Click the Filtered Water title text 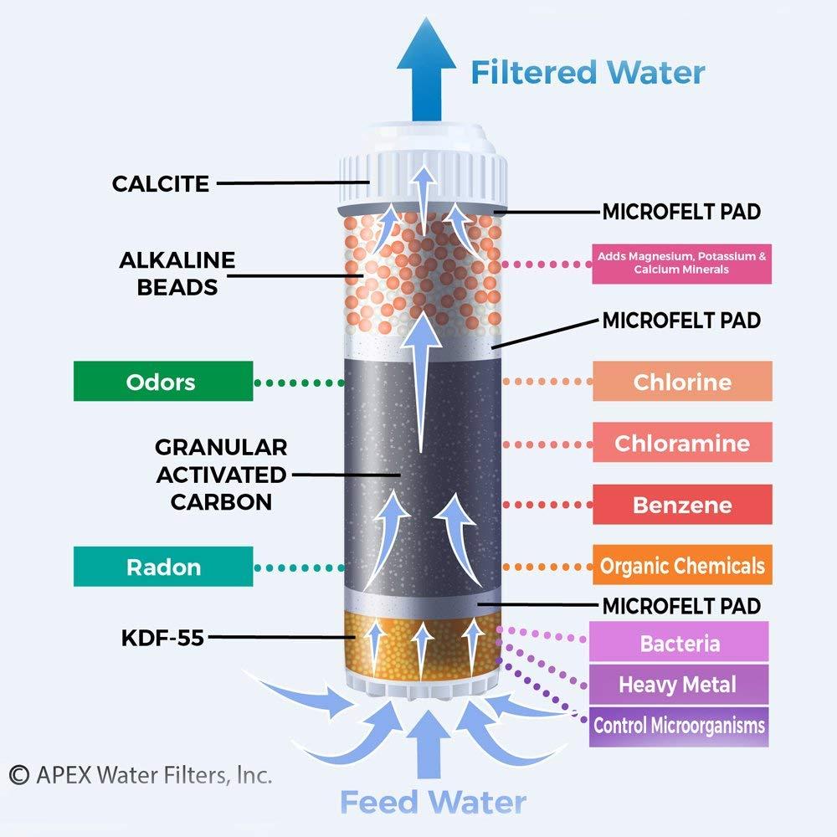coord(588,72)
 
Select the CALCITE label coord(161,183)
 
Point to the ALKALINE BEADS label coord(177,273)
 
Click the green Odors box coord(163,382)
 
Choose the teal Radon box coord(163,567)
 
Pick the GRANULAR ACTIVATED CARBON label coord(221,474)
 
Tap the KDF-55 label coord(161,637)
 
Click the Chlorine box coord(682,382)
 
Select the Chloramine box coord(682,443)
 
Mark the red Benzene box coord(682,505)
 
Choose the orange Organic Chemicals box coord(682,566)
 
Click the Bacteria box coord(680,643)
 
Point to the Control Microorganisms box coord(679,725)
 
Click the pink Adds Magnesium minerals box coord(681,264)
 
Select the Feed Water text coord(432,801)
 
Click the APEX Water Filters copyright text coord(141,775)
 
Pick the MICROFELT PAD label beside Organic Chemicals coord(681,605)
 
